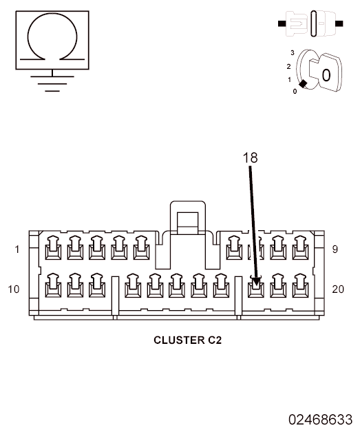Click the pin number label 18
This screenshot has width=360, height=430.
pos(250,158)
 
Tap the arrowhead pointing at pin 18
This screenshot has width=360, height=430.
pos(257,283)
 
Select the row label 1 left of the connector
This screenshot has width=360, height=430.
pos(17,249)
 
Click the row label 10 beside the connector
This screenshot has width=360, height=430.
pos(14,289)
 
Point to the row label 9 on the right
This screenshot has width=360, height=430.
pos(335,249)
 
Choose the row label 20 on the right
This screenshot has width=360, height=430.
pos(338,289)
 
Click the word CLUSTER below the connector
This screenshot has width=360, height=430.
pos(179,340)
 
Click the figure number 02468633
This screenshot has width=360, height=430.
pos(320,420)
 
